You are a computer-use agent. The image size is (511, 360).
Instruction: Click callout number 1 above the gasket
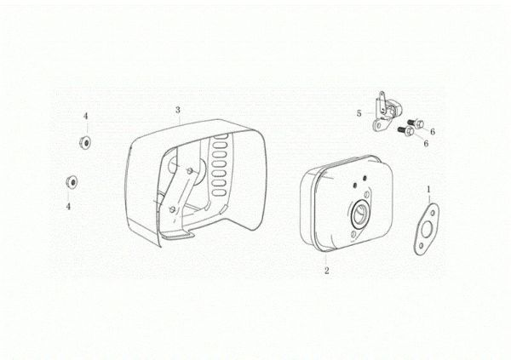pyautogui.click(x=429, y=189)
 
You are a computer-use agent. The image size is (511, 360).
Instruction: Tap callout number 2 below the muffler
pyautogui.click(x=326, y=271)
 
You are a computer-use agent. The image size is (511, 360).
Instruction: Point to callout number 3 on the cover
pyautogui.click(x=178, y=110)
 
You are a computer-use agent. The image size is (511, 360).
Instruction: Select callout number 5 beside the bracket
pyautogui.click(x=359, y=113)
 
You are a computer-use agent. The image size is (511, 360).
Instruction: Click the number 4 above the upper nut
pyautogui.click(x=86, y=117)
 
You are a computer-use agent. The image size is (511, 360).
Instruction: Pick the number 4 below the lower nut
pyautogui.click(x=68, y=207)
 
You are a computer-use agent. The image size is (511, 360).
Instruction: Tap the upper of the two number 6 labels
pyautogui.click(x=433, y=132)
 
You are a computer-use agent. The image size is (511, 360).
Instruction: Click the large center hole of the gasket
pyautogui.click(x=427, y=230)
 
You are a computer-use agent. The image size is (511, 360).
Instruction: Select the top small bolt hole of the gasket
pyautogui.click(x=433, y=213)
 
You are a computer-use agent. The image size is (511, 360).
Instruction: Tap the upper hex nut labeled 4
pyautogui.click(x=85, y=142)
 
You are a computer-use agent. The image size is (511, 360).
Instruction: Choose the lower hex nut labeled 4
pyautogui.click(x=72, y=181)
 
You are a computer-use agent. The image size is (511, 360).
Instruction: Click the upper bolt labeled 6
pyautogui.click(x=416, y=123)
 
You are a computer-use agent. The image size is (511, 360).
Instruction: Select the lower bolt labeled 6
pyautogui.click(x=406, y=130)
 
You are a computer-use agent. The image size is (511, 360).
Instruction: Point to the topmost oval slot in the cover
pyautogui.click(x=221, y=136)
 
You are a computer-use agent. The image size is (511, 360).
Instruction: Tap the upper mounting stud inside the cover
pyautogui.click(x=189, y=170)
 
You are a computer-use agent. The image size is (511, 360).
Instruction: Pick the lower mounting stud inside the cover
pyautogui.click(x=172, y=209)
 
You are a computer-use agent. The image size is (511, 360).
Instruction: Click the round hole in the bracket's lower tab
pyautogui.click(x=377, y=125)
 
